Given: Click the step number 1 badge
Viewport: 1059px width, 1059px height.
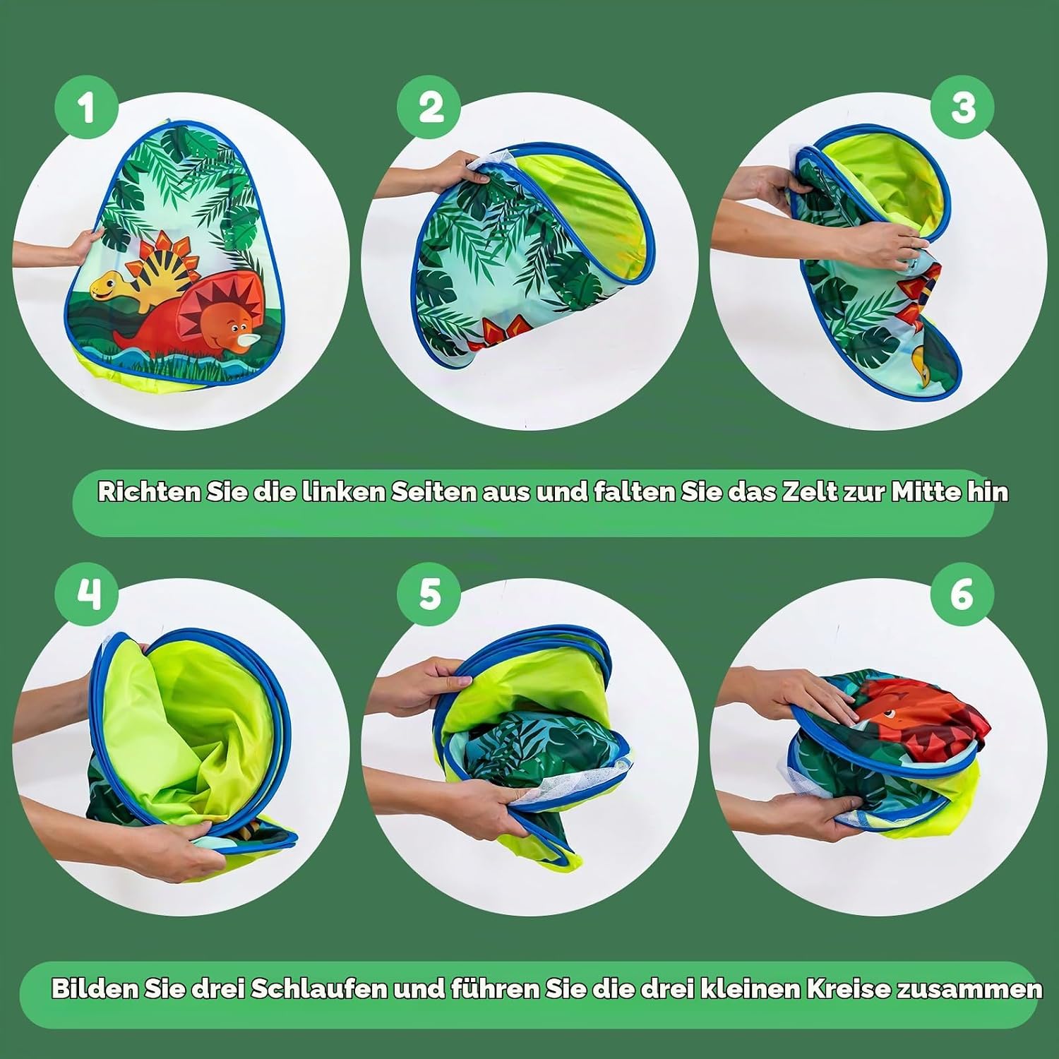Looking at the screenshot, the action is tap(87, 108).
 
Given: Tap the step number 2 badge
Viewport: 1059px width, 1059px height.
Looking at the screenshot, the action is tap(430, 108).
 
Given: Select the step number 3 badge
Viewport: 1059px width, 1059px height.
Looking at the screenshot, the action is tap(962, 108).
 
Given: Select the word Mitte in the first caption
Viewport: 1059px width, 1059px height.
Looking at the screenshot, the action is tap(925, 491).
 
